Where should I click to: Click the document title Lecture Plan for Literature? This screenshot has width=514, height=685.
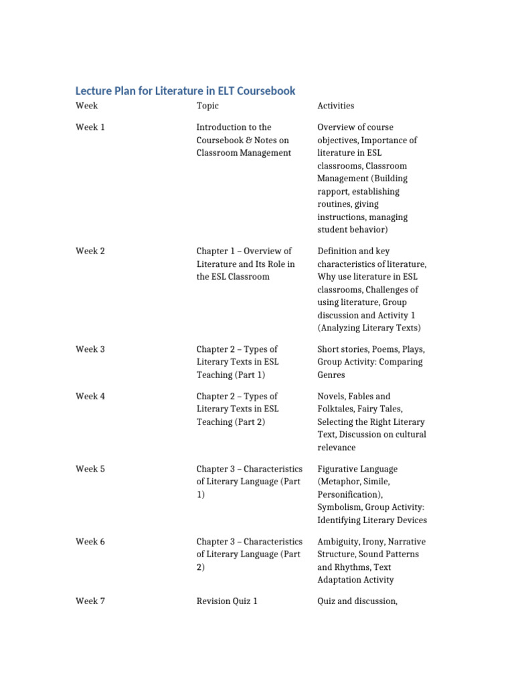(185, 90)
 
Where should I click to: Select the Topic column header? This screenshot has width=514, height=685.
(207, 106)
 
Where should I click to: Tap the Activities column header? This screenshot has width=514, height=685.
(336, 106)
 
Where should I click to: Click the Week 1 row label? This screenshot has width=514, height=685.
(90, 127)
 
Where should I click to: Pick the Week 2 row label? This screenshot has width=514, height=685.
(90, 251)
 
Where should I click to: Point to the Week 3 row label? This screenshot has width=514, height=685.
(90, 349)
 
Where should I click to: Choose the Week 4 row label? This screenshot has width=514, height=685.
(90, 396)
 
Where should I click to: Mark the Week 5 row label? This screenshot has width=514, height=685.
(90, 469)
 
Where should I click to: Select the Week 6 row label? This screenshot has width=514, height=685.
(90, 541)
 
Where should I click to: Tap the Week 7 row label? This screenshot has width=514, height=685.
(90, 601)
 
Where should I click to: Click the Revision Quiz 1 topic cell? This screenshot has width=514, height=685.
(227, 601)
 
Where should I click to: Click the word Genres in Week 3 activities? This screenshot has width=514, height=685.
(331, 375)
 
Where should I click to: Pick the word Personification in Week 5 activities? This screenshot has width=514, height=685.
(348, 495)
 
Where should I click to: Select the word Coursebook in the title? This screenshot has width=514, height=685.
(264, 90)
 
